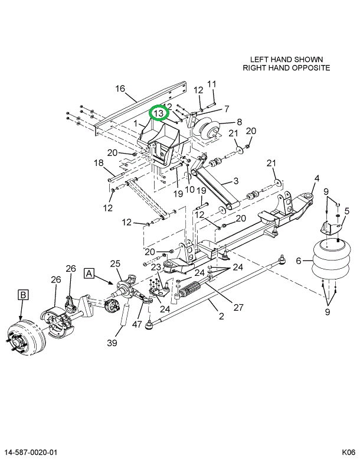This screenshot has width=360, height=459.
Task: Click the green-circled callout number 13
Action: [x=159, y=113]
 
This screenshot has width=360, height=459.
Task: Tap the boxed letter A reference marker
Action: [x=89, y=274]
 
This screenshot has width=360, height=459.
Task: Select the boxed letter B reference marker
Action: [x=23, y=295]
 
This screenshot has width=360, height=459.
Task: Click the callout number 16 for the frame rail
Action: [x=120, y=89]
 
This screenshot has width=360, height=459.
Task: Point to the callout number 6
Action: [x=299, y=261]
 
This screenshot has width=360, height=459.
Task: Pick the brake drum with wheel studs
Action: [x=26, y=337]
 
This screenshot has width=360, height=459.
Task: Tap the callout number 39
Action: [x=112, y=343]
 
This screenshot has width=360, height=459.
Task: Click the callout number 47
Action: [x=136, y=325]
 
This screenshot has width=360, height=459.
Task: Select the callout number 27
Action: [x=238, y=307]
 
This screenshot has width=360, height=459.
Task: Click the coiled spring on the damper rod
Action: [x=190, y=288]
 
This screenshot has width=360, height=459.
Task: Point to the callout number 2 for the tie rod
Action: [x=221, y=316]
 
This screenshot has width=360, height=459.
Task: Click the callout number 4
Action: [x=317, y=178]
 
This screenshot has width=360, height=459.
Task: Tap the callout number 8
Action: [x=239, y=122]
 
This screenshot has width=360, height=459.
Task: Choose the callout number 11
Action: [x=211, y=84]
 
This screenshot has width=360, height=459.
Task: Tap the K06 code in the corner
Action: [x=349, y=453]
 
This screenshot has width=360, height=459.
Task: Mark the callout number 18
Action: [x=99, y=163]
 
